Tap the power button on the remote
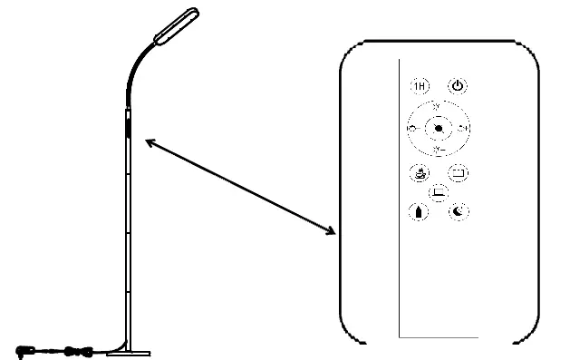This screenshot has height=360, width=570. [x=459, y=86]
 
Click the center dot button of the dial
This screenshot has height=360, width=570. [x=438, y=128]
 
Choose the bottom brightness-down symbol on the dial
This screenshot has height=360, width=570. [x=438, y=149]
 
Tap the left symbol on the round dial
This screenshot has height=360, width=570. [x=412, y=129]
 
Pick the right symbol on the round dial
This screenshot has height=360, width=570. [x=463, y=129]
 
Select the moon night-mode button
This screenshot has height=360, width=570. [x=459, y=211]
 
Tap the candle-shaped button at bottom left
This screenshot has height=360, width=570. [x=418, y=211]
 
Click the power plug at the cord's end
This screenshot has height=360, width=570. [x=25, y=348]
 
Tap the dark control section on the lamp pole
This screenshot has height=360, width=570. [x=127, y=124]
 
